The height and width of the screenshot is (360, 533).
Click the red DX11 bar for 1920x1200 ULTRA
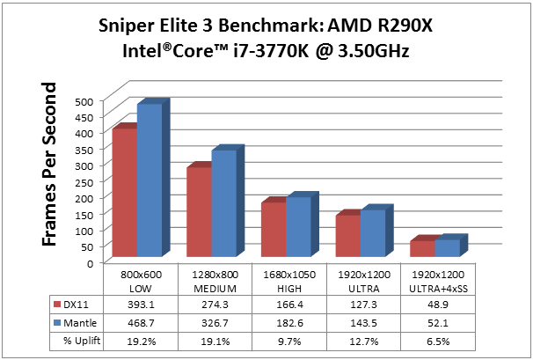(348, 237)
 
